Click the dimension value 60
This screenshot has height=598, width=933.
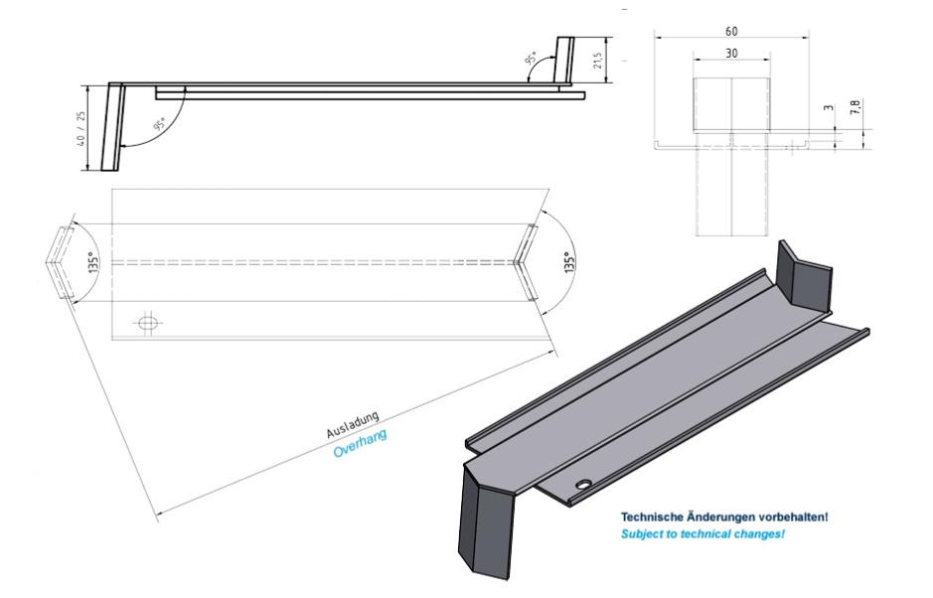point(731,31)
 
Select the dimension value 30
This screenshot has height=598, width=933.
point(731,55)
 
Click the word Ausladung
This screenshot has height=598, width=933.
point(353,423)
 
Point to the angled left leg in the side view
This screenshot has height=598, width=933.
point(113,128)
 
